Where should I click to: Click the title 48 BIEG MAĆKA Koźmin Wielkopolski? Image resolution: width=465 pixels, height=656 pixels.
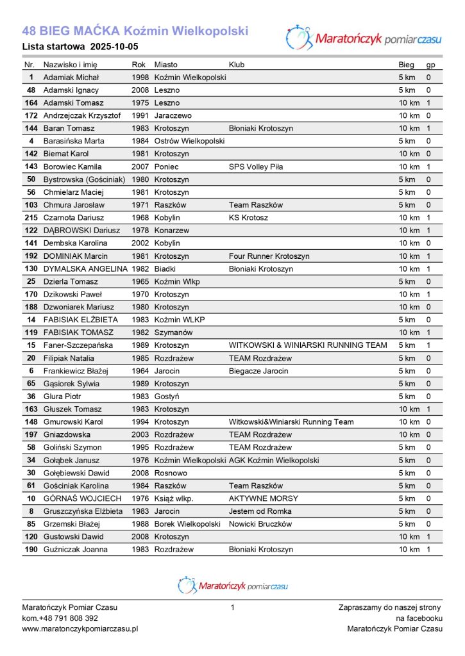(135, 31)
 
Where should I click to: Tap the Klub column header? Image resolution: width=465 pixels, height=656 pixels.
(237, 65)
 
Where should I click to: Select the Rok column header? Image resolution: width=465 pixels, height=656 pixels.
(139, 65)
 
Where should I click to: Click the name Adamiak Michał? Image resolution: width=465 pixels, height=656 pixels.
(71, 78)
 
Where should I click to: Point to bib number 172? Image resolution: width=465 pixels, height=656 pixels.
(31, 116)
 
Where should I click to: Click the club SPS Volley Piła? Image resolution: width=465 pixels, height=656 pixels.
(255, 167)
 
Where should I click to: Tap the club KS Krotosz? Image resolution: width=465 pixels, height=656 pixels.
(248, 218)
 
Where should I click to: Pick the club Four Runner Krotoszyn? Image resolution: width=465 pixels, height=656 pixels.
(269, 256)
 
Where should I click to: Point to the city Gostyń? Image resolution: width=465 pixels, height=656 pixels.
(167, 397)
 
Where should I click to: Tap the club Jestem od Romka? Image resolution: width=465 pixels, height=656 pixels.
(260, 511)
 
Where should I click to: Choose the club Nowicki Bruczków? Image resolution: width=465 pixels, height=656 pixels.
(260, 524)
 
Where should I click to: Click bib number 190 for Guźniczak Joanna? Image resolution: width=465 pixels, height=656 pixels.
(31, 550)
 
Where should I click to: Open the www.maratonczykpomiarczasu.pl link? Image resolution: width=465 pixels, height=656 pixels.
(80, 629)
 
